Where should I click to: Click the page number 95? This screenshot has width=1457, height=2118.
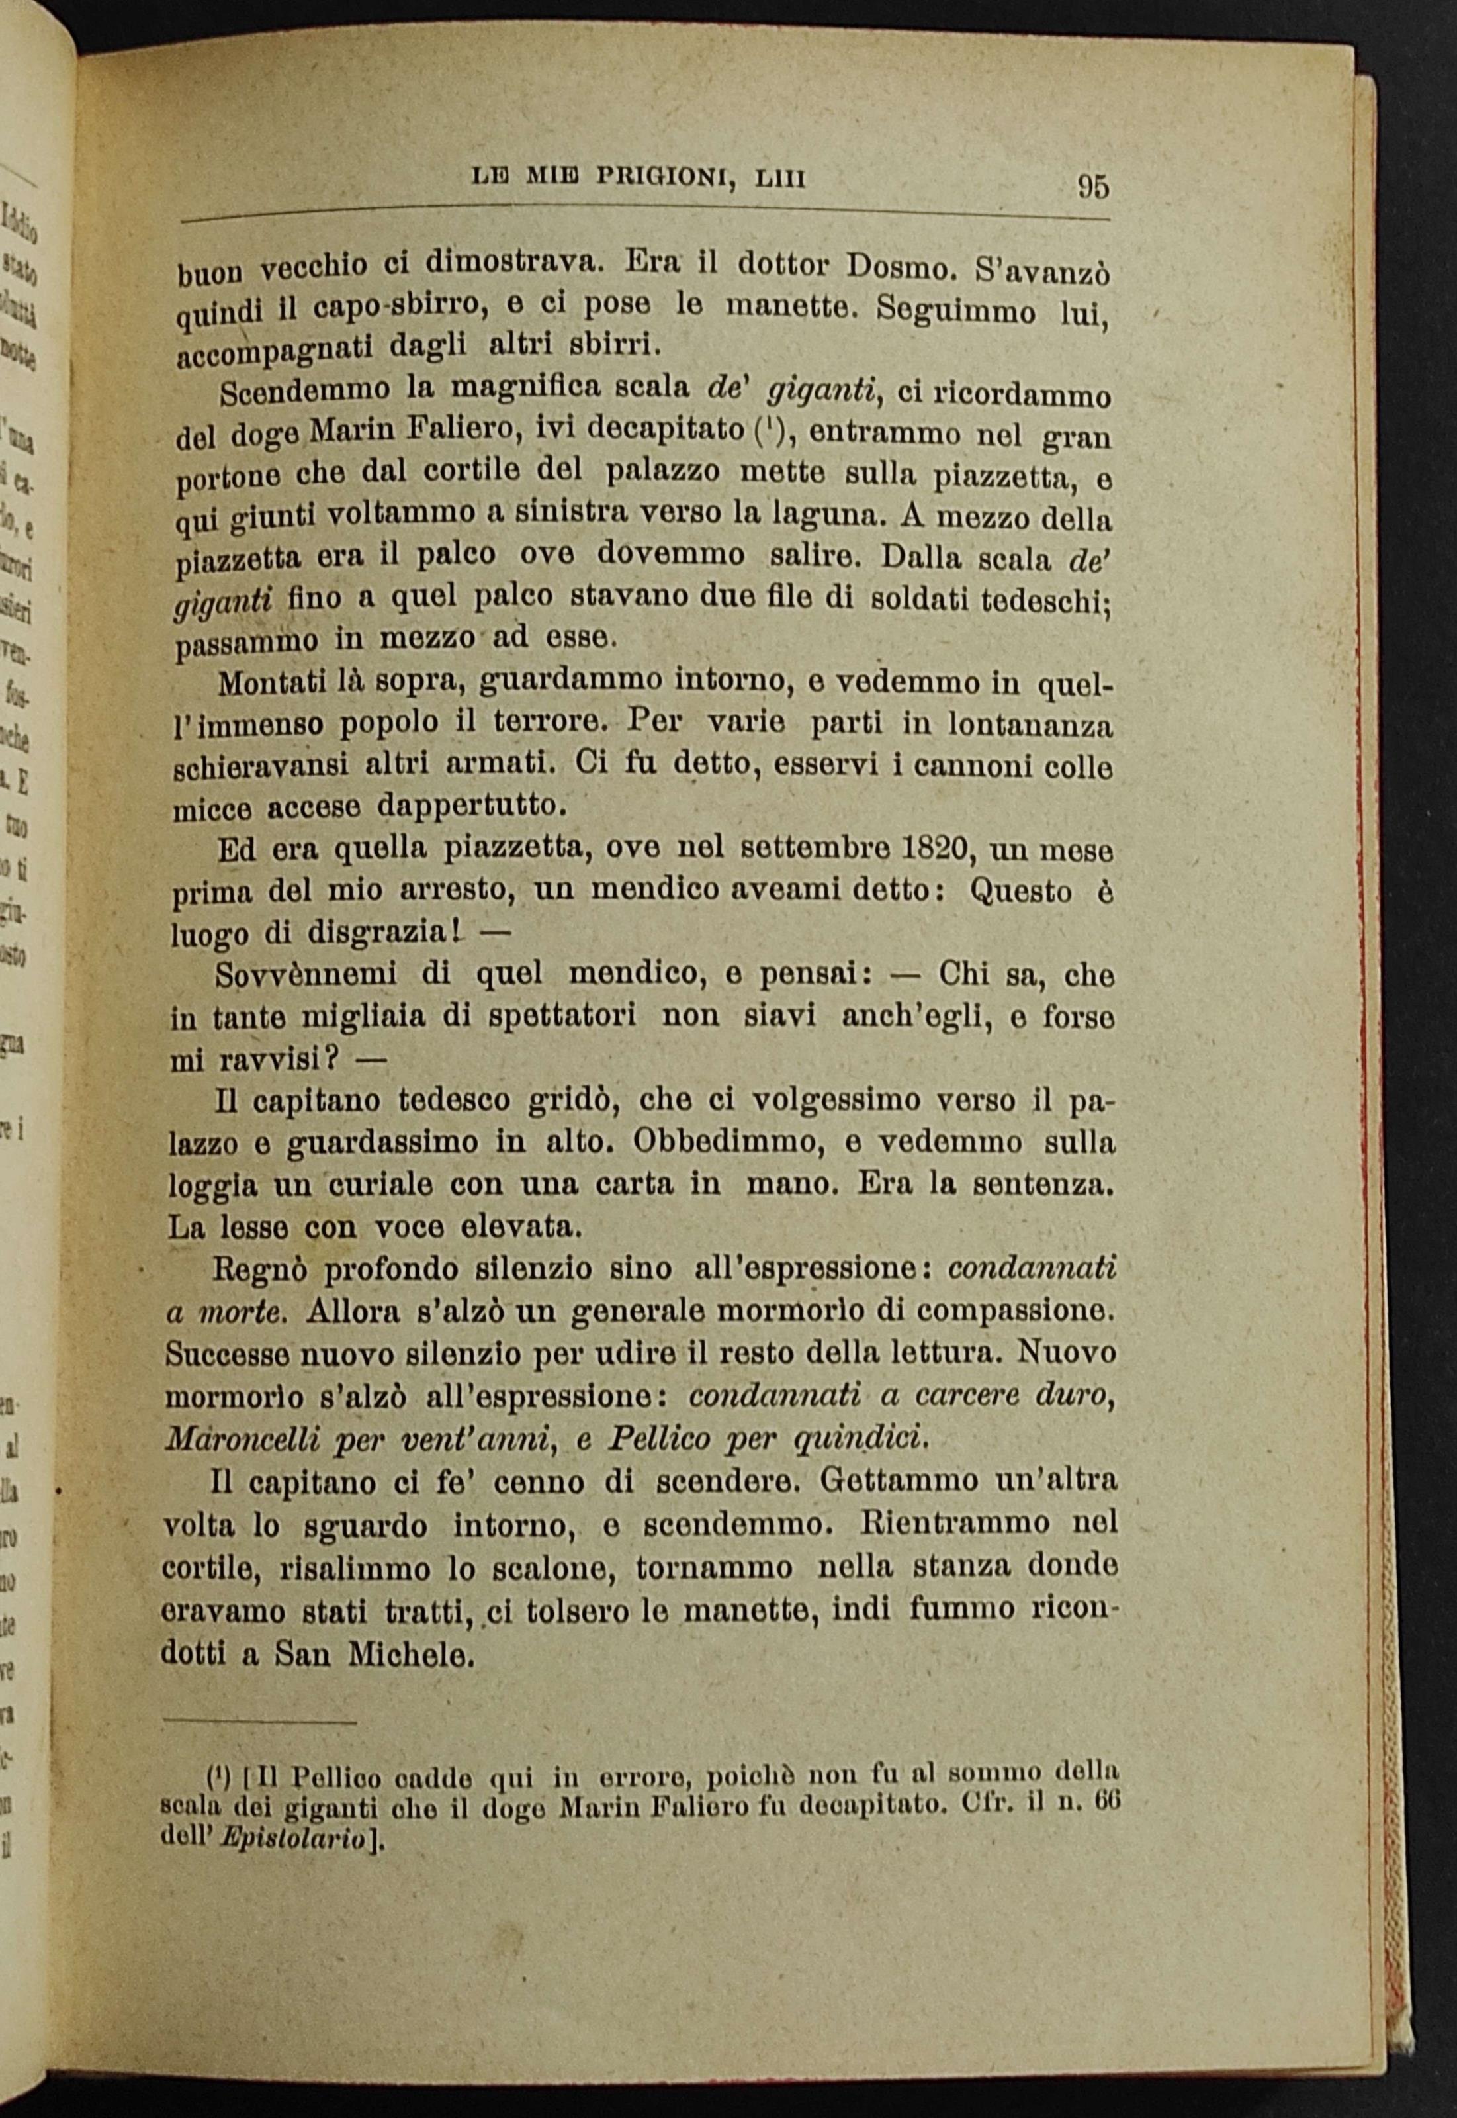coord(1093,185)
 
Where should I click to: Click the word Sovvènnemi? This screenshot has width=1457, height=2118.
coord(307,974)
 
